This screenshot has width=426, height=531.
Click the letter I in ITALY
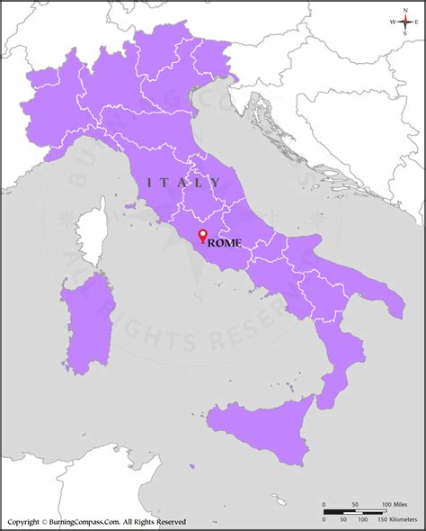tap(150, 184)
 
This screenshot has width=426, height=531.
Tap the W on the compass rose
tap(392, 22)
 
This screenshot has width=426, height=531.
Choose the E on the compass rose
tap(419, 22)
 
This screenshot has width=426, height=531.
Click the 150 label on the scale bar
tap(371, 520)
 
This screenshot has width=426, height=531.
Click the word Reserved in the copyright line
tap(167, 521)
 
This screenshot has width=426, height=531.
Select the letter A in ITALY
tap(183, 184)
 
